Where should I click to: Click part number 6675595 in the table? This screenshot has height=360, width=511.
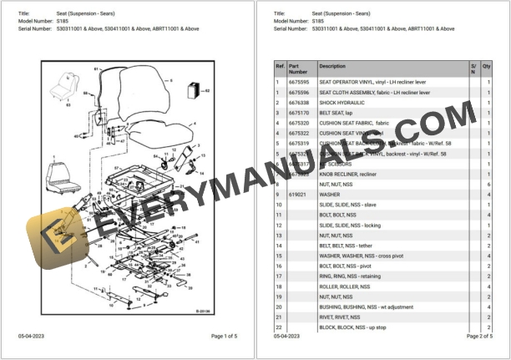pos(300,84)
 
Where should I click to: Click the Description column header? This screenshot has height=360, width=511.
pos(332,66)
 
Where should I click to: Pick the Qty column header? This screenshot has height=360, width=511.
pos(487,66)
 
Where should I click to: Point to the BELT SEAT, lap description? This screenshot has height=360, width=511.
pos(336,113)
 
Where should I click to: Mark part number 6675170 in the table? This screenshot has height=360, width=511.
pos(300,113)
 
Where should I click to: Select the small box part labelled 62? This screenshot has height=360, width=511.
pos(195,89)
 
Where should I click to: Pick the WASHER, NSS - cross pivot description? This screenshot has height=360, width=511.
pos(362,256)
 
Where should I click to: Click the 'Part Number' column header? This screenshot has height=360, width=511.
pos(298,68)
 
